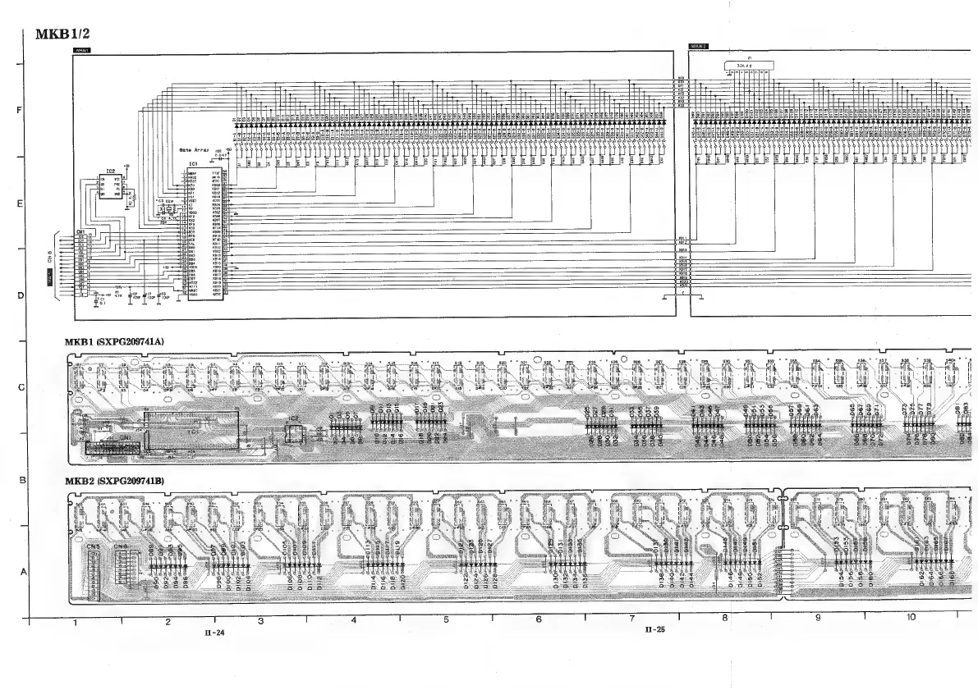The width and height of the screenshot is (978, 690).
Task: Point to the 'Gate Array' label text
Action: (x=195, y=151)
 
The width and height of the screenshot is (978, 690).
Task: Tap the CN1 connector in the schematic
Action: (x=82, y=264)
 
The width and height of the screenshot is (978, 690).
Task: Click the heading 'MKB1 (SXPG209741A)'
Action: (x=114, y=340)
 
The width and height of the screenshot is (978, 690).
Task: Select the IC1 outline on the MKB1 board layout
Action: (x=192, y=430)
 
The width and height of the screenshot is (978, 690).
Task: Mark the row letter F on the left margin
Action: (x=18, y=111)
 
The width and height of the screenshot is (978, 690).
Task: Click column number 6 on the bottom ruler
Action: (x=539, y=620)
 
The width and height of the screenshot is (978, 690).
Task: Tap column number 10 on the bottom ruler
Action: (x=911, y=616)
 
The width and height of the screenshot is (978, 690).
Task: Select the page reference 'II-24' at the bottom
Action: (x=214, y=633)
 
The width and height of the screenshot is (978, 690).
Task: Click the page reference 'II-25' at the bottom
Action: (x=655, y=630)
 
